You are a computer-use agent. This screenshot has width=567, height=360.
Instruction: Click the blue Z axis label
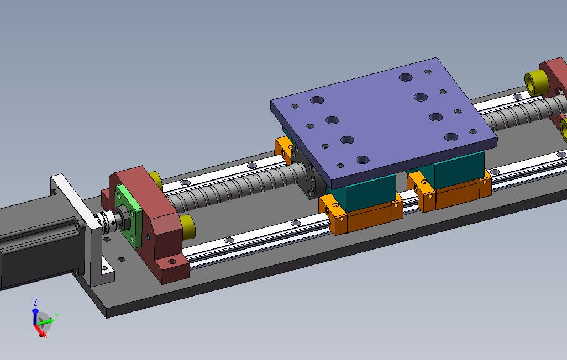(x=35, y=302)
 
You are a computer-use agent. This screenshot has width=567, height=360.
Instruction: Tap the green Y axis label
(x=57, y=316)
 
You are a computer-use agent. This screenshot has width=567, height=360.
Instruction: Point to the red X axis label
(x=45, y=336)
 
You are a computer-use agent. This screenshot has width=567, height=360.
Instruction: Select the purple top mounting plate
(x=384, y=119)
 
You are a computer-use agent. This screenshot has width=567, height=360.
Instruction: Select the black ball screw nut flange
(x=307, y=173)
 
